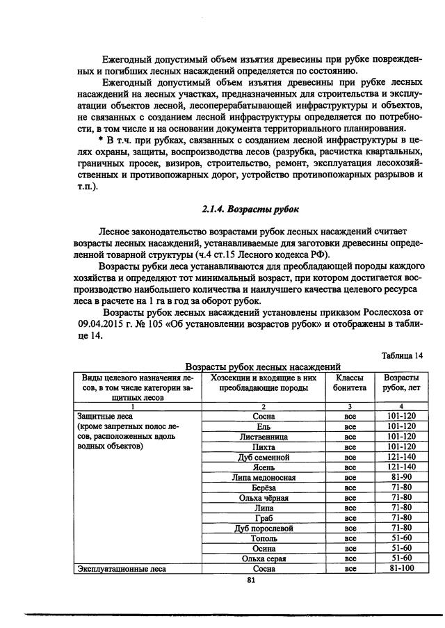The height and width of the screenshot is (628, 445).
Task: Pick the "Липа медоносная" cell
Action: point(264,478)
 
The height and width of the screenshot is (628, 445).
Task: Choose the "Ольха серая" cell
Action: point(264,558)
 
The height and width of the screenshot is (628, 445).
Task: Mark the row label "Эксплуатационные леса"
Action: point(115,568)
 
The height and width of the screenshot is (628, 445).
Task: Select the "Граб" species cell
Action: point(264,518)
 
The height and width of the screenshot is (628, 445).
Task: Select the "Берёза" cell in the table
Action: point(264,488)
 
